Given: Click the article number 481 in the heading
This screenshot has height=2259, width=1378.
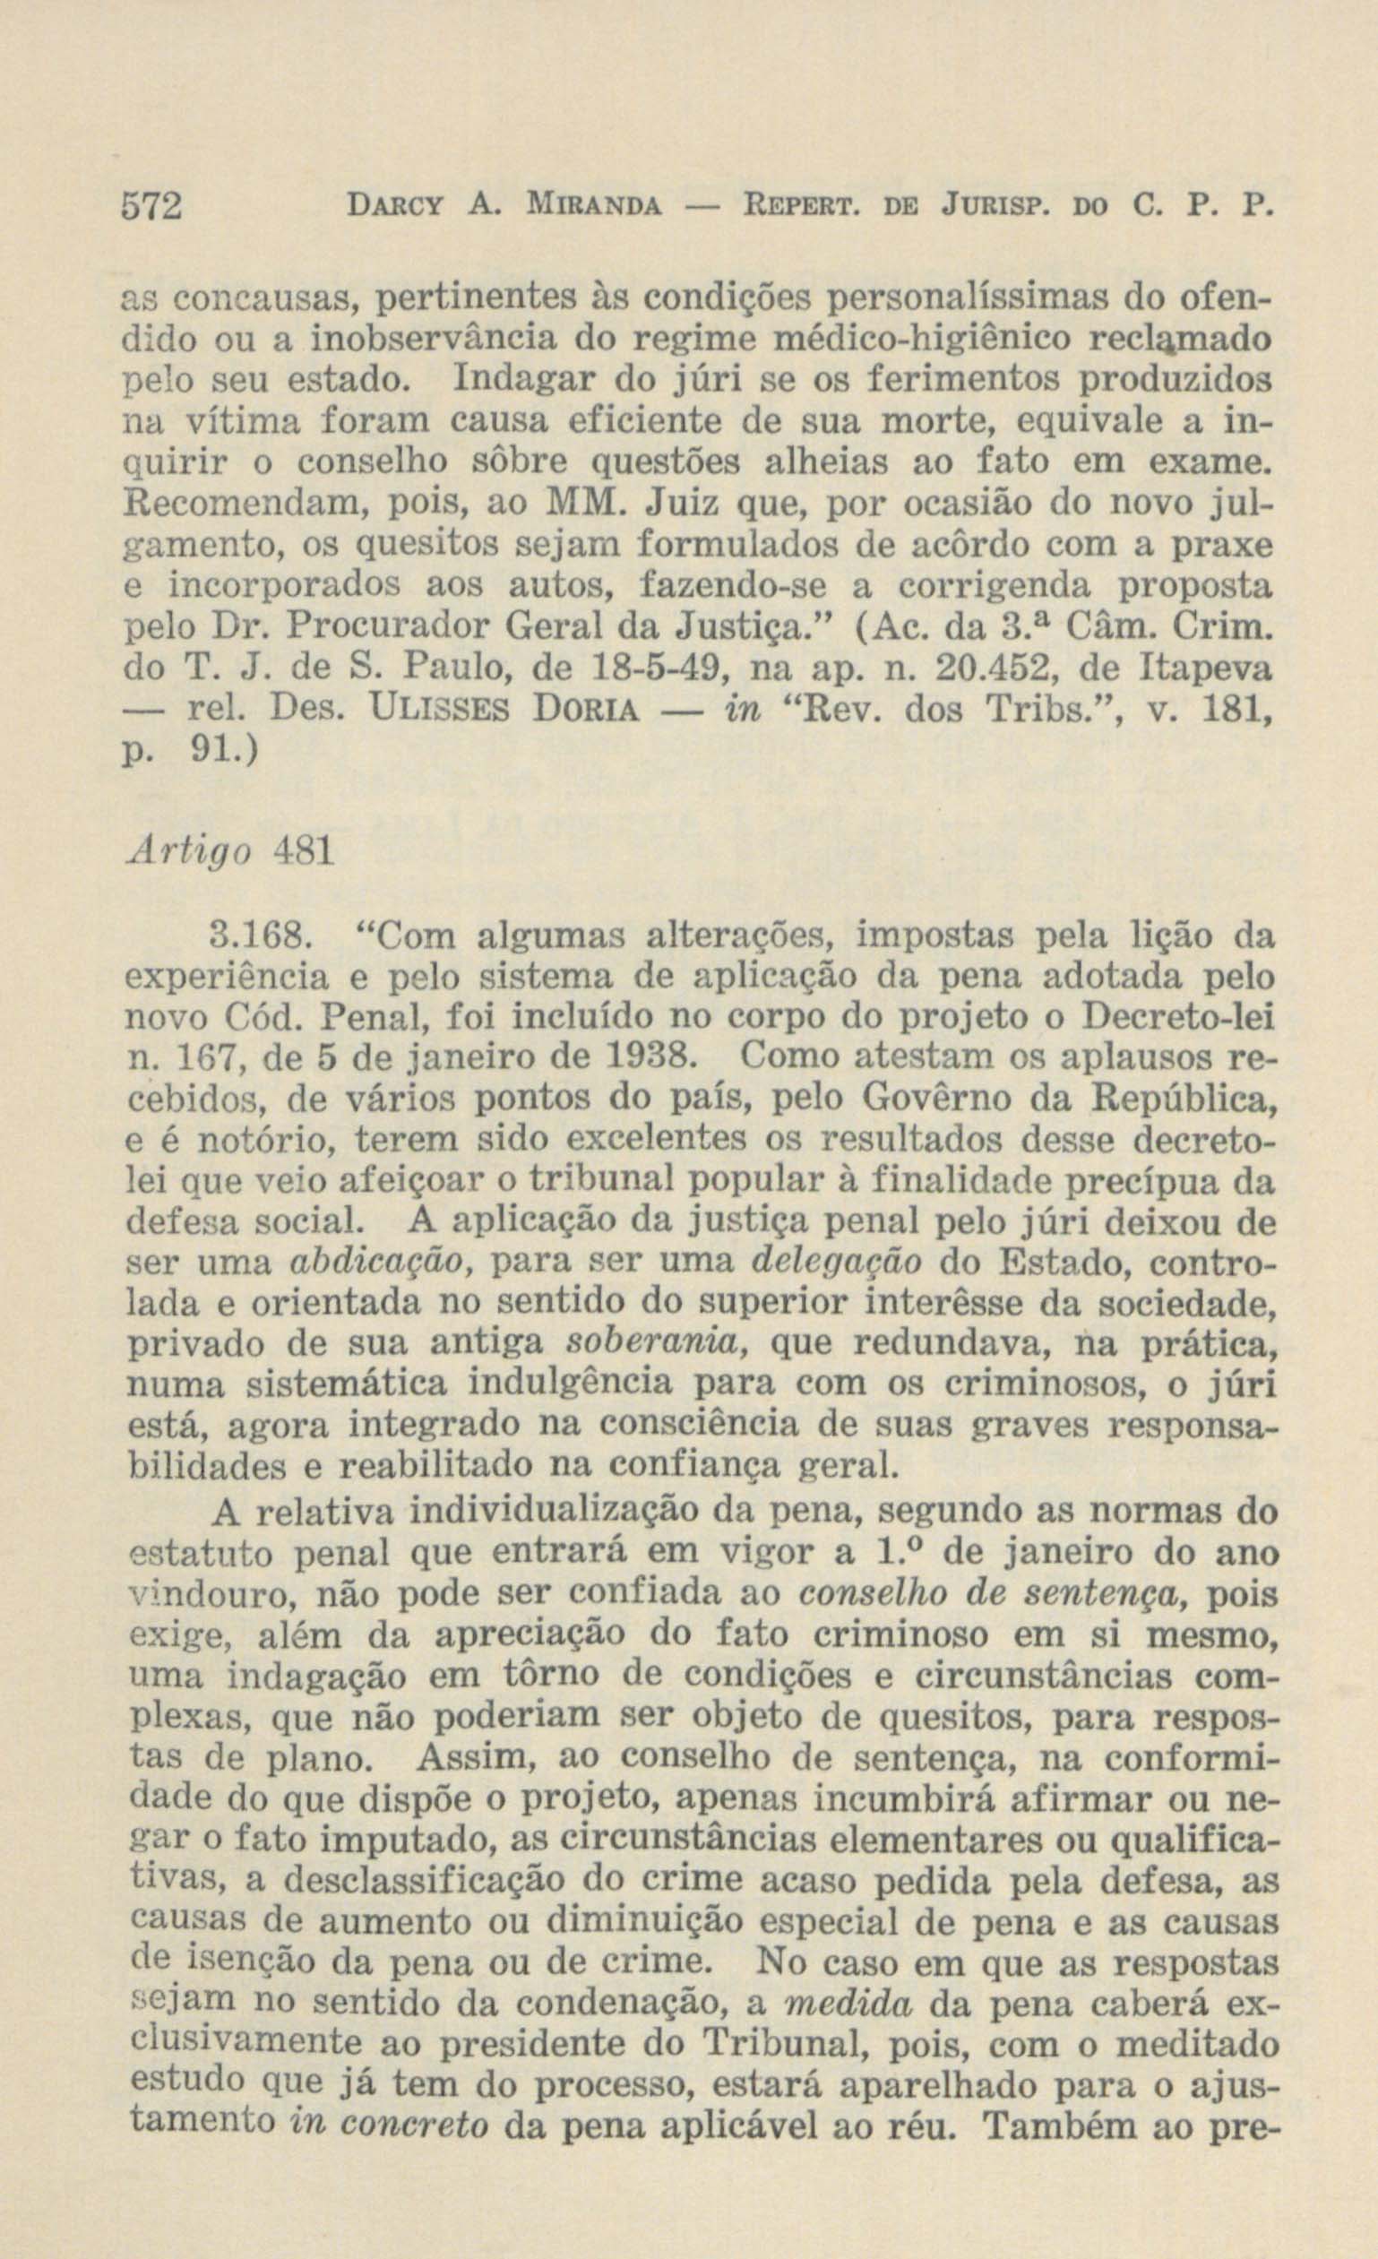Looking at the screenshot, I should [302, 853].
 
